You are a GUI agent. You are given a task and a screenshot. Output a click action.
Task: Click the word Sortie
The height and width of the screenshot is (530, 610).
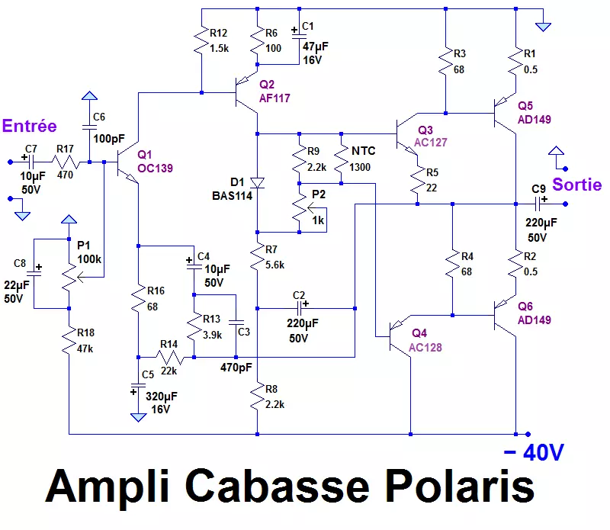pyautogui.click(x=576, y=185)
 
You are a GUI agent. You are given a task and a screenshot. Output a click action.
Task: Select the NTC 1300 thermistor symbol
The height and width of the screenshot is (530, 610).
pyautogui.click(x=341, y=164)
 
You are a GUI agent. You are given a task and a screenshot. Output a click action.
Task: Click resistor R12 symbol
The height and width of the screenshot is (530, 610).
pyautogui.click(x=201, y=43)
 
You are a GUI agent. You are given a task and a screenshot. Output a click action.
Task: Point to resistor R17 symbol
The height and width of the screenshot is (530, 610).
pyautogui.click(x=66, y=162)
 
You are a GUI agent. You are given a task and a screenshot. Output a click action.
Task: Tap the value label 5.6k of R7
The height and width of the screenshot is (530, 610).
pyautogui.click(x=274, y=265)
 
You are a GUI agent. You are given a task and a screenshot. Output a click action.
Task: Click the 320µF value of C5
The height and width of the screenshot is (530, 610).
pyautogui.click(x=166, y=396)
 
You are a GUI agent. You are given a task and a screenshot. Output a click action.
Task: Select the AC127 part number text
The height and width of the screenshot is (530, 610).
pyautogui.click(x=432, y=143)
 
